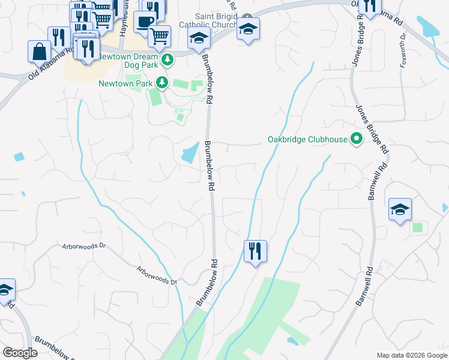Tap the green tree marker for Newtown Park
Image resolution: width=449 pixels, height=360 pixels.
[161, 82]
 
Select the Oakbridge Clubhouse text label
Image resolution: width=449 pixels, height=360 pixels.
[307, 140]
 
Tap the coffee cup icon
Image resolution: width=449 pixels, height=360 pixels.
[144, 22]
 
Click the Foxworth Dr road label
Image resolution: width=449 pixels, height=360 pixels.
[403, 46]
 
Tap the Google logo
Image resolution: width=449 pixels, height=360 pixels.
[20, 353]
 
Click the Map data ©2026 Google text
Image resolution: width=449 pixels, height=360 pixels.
[411, 355]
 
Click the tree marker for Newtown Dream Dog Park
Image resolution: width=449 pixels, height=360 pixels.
[167, 59]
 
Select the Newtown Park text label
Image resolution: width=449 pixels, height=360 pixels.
[126, 83]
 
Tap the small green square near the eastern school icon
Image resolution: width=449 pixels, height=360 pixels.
[417, 227]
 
